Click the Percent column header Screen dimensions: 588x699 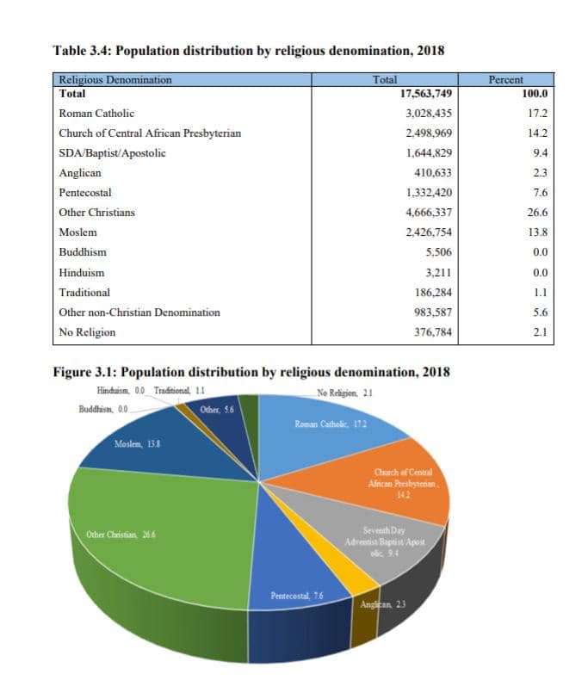(505, 80)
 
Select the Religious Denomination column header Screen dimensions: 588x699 (115, 80)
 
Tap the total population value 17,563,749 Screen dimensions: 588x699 (426, 94)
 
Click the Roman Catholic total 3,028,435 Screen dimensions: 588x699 (429, 114)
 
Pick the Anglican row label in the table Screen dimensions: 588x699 (80, 173)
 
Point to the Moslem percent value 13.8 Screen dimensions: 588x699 (537, 232)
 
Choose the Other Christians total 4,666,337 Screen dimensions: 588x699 (429, 213)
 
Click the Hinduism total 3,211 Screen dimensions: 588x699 (437, 272)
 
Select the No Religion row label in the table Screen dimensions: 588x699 (87, 332)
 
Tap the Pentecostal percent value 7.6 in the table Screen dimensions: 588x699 (541, 193)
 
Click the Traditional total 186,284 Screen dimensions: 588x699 (432, 293)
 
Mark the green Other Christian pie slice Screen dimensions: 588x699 (160, 535)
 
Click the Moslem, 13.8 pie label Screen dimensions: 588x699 (137, 444)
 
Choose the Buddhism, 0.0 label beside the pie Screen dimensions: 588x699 (103, 409)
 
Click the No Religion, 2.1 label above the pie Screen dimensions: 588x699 (344, 393)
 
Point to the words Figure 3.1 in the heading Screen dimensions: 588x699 (84, 372)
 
